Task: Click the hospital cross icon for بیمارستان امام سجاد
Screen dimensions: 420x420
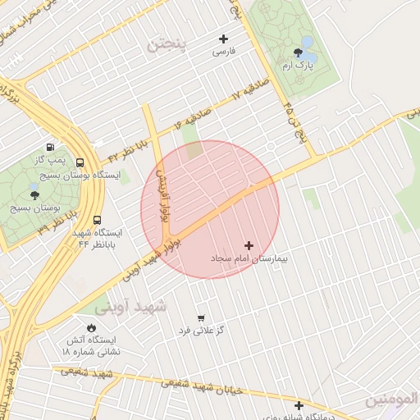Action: point(249,245)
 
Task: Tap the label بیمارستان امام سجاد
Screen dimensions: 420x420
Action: point(249,259)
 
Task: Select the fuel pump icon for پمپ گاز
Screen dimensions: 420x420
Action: point(53,144)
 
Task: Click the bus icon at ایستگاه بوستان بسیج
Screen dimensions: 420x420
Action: point(80,162)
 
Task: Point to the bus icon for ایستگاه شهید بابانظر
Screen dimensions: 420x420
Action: point(98,220)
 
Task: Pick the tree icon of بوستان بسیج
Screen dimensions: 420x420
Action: point(34,194)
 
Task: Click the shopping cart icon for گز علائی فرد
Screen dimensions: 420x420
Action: point(201,317)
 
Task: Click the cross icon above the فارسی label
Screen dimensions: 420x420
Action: point(223,39)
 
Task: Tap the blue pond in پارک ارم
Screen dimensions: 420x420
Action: point(308,41)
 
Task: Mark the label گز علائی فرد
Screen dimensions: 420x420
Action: point(202,331)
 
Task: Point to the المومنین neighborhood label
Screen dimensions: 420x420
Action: point(391,399)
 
